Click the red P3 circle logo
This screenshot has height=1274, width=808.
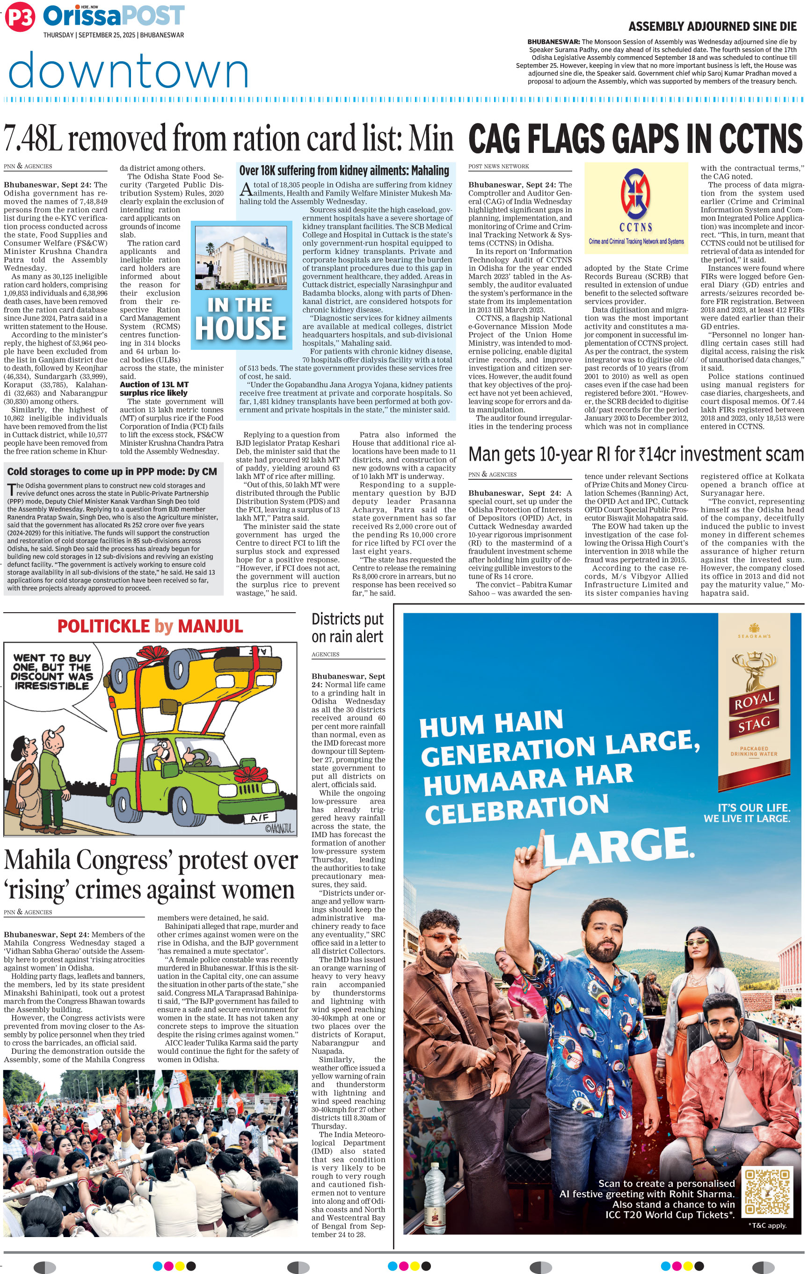20,18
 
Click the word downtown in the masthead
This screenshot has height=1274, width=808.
129,70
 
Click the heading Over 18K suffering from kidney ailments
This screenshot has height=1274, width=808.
344,170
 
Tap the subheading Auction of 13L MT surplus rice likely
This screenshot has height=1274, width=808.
153,388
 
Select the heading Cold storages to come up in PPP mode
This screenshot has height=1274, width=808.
112,471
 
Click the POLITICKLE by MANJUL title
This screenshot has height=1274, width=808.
150,626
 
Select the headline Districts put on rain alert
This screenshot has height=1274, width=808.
347,628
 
